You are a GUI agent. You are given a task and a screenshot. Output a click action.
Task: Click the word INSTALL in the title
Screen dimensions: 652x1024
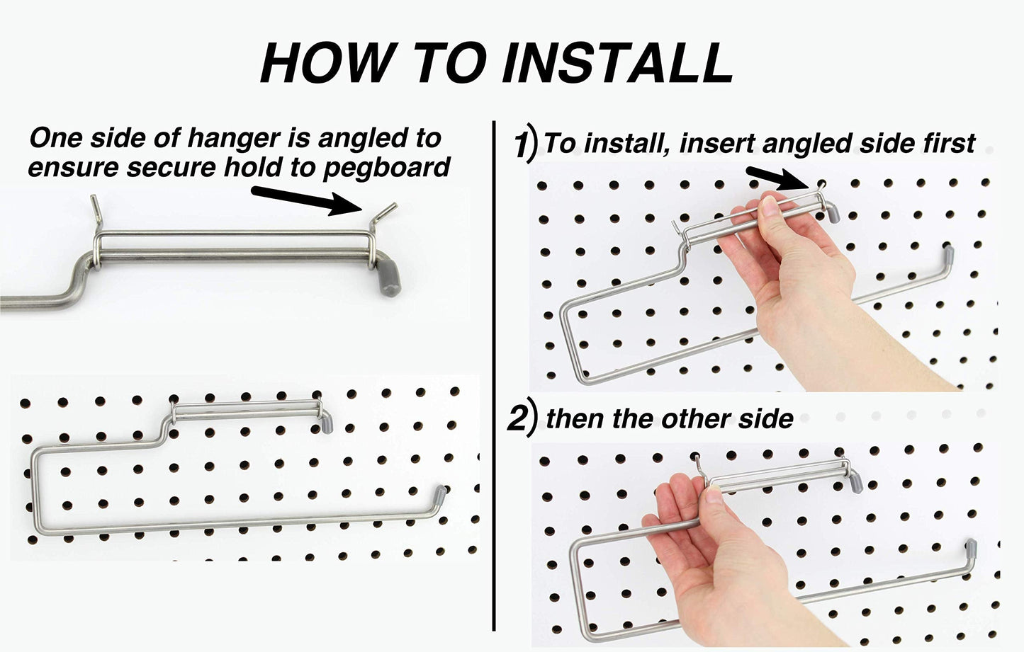click(617, 63)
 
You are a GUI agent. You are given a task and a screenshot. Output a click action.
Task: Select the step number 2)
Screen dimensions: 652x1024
click(520, 419)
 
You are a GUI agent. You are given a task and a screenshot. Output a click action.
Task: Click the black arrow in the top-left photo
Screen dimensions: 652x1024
click(305, 199)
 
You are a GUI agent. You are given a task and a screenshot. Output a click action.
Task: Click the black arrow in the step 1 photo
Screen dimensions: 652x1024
click(777, 178)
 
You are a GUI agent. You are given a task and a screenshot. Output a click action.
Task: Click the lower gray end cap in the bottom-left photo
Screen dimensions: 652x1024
click(439, 493)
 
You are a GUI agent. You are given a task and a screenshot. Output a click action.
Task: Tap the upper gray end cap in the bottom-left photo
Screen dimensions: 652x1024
click(327, 424)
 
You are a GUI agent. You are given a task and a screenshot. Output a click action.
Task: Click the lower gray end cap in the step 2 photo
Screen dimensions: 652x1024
click(972, 547)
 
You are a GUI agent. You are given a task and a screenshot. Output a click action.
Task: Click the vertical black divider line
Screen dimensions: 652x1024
click(493, 375)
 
